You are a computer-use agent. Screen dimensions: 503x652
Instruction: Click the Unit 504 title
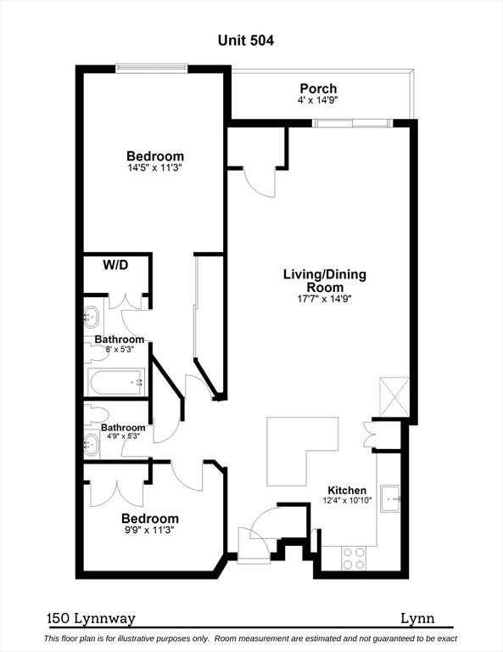pyautogui.click(x=245, y=41)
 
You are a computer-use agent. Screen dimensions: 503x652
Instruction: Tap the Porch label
pyautogui.click(x=318, y=88)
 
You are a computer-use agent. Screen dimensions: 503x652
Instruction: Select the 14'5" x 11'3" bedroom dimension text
pyautogui.click(x=155, y=168)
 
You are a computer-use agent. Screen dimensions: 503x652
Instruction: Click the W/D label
pyautogui.click(x=115, y=265)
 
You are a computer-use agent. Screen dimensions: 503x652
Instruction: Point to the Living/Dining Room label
pyautogui.click(x=325, y=281)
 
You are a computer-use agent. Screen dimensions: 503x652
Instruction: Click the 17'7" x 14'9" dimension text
pyautogui.click(x=325, y=299)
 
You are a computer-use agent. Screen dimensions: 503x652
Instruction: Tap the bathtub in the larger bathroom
pyautogui.click(x=116, y=382)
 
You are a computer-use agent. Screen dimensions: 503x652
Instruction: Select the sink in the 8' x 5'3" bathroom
pyautogui.click(x=92, y=318)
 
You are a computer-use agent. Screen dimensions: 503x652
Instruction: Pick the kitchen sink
pyautogui.click(x=390, y=497)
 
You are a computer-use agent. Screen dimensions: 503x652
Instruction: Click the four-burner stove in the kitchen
pyautogui.click(x=354, y=559)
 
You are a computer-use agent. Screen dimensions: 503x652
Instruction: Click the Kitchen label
pyautogui.click(x=347, y=490)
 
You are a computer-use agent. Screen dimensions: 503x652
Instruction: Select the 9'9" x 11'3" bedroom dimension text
pyautogui.click(x=150, y=530)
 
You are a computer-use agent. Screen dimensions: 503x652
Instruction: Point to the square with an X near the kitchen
pyautogui.click(x=394, y=397)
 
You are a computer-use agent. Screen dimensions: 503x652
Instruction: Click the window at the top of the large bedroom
pyautogui.click(x=152, y=67)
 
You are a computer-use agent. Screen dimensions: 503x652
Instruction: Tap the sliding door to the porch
pyautogui.click(x=352, y=122)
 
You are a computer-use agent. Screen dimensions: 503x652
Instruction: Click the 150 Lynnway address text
pyautogui.click(x=92, y=619)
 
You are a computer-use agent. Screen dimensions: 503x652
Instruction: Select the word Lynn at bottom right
pyautogui.click(x=417, y=619)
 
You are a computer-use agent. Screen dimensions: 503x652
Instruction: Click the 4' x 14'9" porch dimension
pyautogui.click(x=318, y=100)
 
